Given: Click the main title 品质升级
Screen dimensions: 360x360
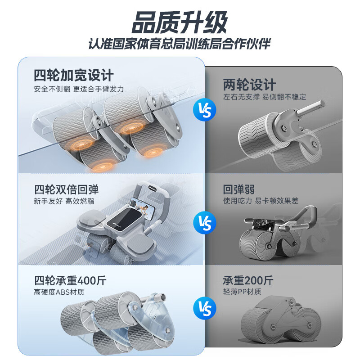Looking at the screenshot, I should pyautogui.click(x=180, y=22).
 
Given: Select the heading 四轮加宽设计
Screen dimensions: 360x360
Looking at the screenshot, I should pyautogui.click(x=74, y=74).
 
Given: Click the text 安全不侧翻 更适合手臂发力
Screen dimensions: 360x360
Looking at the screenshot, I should pyautogui.click(x=79, y=89).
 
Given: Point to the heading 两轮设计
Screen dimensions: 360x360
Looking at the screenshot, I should pyautogui.click(x=249, y=84).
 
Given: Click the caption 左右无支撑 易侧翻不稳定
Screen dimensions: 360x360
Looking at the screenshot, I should pyautogui.click(x=265, y=97).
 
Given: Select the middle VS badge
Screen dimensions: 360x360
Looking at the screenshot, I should pyautogui.click(x=204, y=222).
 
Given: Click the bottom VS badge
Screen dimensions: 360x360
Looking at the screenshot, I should pyautogui.click(x=204, y=308).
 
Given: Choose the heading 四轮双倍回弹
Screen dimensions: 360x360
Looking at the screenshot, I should pyautogui.click(x=66, y=189).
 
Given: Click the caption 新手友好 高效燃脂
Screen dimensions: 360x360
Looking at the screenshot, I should pyautogui.click(x=64, y=201).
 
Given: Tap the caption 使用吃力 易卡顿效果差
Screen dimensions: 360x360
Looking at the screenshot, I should pyautogui.click(x=261, y=201).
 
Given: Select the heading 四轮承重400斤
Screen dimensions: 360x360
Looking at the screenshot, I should pyautogui.click(x=70, y=280).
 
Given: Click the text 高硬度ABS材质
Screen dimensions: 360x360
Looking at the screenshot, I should pyautogui.click(x=59, y=292).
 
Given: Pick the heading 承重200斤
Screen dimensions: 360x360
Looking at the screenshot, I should pyautogui.click(x=248, y=280).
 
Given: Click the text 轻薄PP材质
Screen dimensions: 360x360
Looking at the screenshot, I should pyautogui.click(x=242, y=292).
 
